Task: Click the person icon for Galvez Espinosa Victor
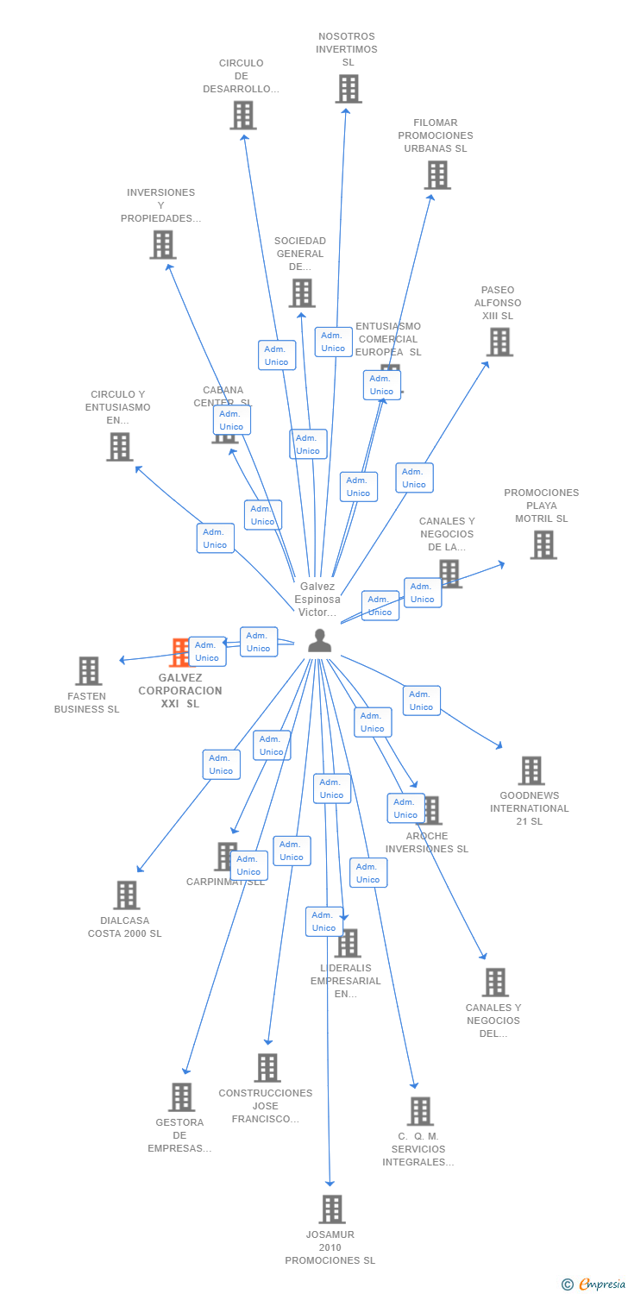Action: point(320,641)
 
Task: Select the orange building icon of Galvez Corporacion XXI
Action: point(179,652)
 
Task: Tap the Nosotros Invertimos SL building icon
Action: point(349,89)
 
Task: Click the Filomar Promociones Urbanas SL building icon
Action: point(437,175)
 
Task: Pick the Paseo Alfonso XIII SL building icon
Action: point(499,342)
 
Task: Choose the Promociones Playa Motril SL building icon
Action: point(543,545)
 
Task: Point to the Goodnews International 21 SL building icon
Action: point(531,771)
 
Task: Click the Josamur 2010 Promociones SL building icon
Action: point(332,1209)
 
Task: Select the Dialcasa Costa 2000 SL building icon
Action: point(127,895)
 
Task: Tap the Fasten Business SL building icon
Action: point(89,671)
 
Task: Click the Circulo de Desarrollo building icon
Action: point(243,116)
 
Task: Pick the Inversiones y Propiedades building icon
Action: point(163,245)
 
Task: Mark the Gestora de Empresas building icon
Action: point(181,1097)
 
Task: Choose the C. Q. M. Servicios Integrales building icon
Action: point(421,1111)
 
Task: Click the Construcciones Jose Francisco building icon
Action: point(267,1068)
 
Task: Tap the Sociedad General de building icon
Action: point(302,293)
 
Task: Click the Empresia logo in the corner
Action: point(594,1285)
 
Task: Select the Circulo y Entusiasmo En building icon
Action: point(120,447)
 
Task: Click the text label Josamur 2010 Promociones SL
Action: point(330,1247)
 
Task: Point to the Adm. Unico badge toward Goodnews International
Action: point(421,700)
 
